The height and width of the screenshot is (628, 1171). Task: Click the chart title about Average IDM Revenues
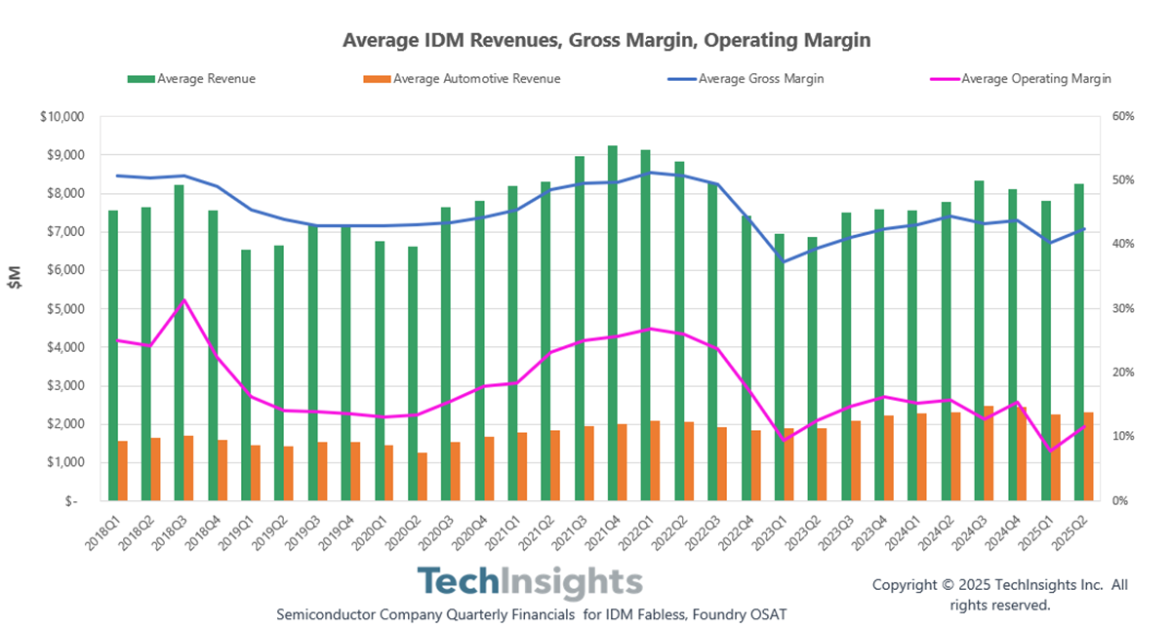click(x=606, y=41)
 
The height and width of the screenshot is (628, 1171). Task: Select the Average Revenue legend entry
click(x=205, y=79)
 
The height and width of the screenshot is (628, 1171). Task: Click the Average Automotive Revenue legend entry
click(x=475, y=79)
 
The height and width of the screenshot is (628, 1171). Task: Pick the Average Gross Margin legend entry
click(x=760, y=79)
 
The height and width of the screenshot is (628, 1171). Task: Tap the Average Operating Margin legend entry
click(x=1034, y=79)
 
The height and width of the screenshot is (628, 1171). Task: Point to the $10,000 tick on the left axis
click(x=63, y=117)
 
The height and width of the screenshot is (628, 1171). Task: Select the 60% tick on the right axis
click(x=1122, y=117)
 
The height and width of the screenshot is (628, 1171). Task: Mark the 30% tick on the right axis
click(x=1122, y=309)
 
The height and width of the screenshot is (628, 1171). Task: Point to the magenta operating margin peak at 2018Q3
click(x=184, y=299)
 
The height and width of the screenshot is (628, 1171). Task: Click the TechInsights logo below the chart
click(x=531, y=583)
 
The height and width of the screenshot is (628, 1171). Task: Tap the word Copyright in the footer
click(x=905, y=585)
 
